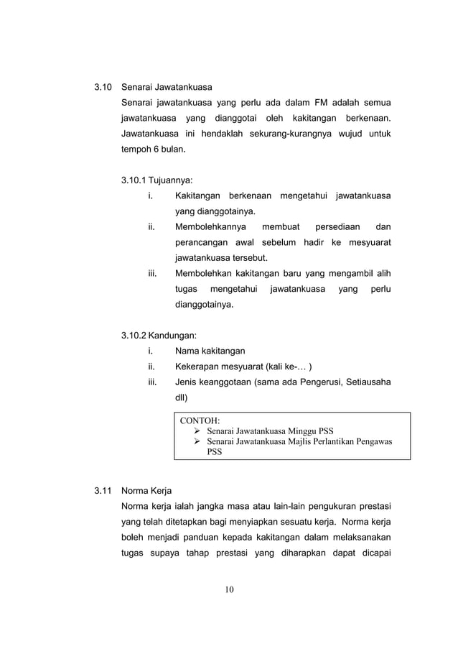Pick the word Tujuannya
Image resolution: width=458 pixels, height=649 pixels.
(170, 180)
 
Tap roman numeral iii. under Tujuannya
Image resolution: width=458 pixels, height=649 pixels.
(152, 273)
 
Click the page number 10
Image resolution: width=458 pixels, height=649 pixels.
(228, 591)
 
